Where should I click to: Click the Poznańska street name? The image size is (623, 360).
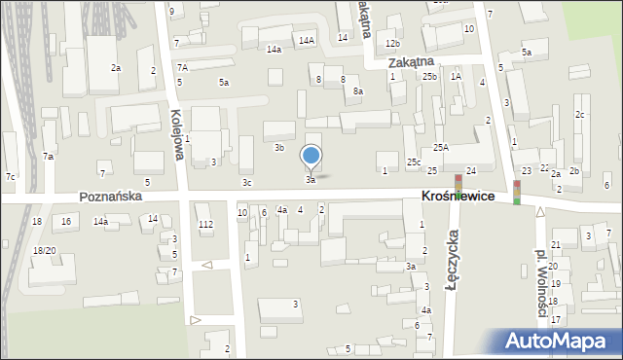[113, 196]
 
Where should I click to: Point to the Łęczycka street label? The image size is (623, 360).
[453, 256]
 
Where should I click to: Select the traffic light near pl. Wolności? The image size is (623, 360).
[517, 192]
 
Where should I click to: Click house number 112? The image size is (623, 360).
[205, 225]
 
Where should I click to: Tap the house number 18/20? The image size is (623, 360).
[45, 250]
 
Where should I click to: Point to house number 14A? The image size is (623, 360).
[307, 40]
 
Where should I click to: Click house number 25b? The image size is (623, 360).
[429, 76]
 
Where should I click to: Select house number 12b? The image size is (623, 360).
[391, 44]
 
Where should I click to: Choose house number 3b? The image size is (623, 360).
[279, 148]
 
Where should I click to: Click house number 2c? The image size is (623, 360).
[580, 115]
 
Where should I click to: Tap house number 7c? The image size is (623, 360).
[10, 176]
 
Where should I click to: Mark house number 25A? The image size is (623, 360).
[441, 147]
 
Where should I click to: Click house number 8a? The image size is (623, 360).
[358, 90]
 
